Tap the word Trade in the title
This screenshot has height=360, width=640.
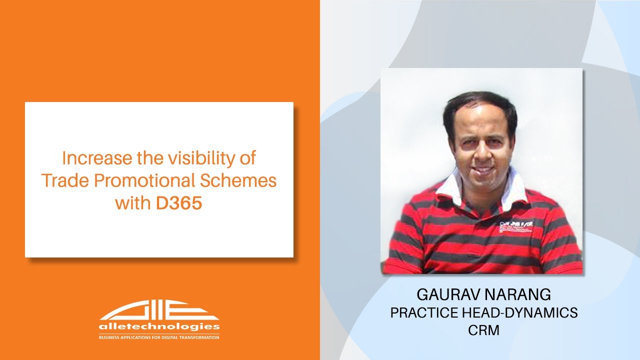pos(62,180)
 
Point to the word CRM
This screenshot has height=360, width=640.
pos(484,330)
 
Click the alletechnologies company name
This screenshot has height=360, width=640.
pos(159,326)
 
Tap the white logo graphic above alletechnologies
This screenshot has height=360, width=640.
pos(159,310)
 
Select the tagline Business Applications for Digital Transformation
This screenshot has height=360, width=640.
pos(159,337)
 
